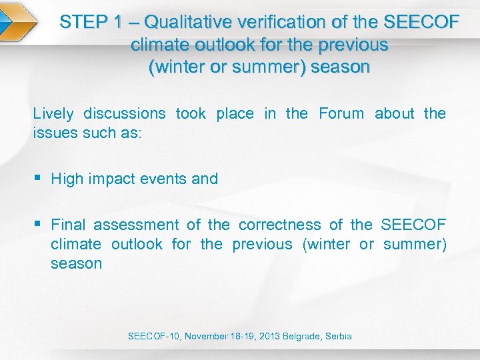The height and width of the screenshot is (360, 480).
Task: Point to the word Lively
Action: tap(52, 113)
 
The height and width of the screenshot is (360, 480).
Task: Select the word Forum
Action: tap(341, 113)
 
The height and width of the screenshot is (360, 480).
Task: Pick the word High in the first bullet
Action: tap(67, 179)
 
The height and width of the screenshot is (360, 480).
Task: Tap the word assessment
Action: tap(137, 225)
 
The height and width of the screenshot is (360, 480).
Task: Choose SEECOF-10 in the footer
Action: tap(154, 336)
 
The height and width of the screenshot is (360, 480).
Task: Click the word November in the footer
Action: tap(207, 336)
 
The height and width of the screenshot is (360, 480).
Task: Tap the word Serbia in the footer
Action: tap(339, 336)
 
